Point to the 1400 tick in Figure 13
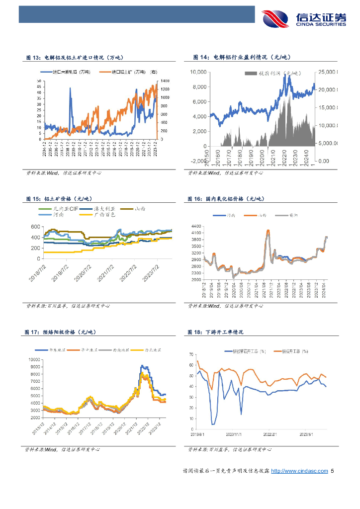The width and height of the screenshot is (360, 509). click(165, 81)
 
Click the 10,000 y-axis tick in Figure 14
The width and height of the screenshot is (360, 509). click(198, 72)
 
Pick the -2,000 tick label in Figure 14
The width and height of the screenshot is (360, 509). click(198, 161)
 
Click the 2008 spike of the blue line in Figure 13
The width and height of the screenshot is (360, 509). click(70, 89)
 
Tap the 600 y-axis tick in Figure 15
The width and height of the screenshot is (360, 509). click(35, 227)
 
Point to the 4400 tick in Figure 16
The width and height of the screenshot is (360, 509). click(196, 226)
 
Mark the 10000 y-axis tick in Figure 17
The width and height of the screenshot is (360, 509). click(34, 359)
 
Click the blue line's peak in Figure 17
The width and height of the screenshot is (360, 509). click(142, 366)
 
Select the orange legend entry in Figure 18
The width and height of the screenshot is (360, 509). click(285, 351)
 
